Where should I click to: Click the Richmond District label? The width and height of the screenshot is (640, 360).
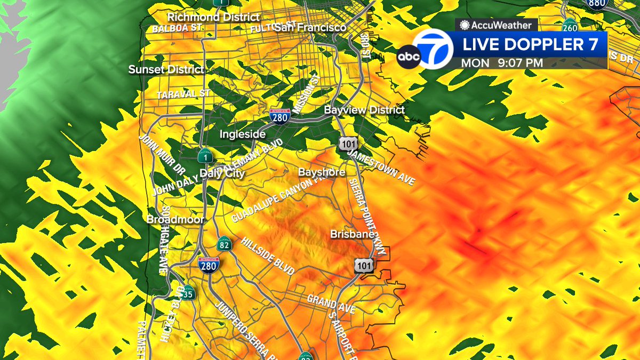(x=214, y=17)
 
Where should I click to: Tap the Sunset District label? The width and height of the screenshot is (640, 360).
(x=166, y=69)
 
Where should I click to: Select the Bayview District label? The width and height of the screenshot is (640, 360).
(x=365, y=109)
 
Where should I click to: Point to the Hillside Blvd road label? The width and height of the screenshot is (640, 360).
(x=268, y=256)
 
